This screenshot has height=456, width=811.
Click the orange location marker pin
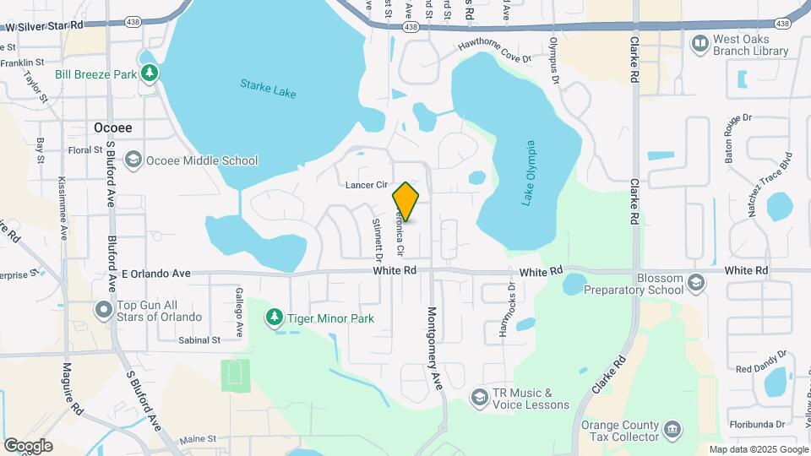coord(405,202)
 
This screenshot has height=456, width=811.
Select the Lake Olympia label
coord(531,173)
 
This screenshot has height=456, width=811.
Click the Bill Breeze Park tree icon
coord(150,74)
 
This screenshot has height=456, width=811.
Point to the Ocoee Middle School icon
coord(133,160)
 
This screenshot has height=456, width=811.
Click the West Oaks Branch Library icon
coord(699,43)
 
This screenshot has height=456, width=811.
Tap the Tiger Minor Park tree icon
coord(274,318)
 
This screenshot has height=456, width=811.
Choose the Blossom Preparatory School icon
coord(696,282)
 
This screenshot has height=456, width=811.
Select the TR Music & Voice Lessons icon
coord(480,398)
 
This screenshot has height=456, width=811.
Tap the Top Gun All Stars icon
coord(104,310)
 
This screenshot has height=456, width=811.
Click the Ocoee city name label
coord(112,128)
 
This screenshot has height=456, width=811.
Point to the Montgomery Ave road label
coord(434,347)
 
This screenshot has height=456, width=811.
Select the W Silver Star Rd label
coord(44,26)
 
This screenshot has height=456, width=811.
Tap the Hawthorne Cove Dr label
coord(494,52)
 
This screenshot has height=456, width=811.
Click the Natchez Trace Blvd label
coord(770,184)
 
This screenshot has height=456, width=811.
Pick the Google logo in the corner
coord(28,445)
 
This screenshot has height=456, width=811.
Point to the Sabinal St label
coord(199,339)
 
